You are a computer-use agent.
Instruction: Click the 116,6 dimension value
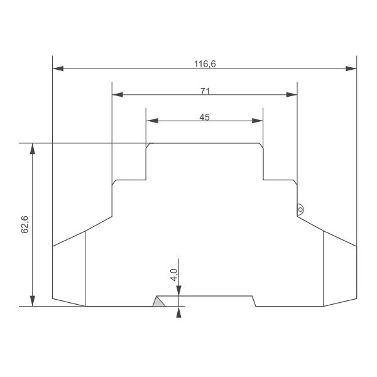205,64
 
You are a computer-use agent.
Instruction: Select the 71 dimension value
205,91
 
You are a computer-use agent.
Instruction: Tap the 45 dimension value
205,117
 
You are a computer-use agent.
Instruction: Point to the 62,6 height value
25,224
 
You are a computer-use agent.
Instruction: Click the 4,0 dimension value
173,275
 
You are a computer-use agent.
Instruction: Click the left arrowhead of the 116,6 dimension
58,68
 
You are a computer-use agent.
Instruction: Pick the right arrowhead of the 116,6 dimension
351,68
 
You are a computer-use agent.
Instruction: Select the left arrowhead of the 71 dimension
117,95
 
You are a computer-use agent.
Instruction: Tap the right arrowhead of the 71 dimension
292,95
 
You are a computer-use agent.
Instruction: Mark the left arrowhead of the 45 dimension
152,121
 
